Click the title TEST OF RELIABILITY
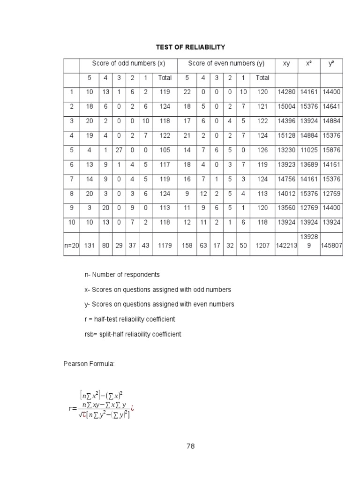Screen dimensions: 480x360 point(190,47)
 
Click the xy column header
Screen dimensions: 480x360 point(286,63)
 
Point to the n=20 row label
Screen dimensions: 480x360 point(72,245)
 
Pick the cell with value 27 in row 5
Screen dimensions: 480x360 point(119,150)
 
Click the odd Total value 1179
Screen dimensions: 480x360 point(165,245)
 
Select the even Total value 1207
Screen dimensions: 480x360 point(262,245)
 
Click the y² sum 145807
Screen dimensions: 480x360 point(331,245)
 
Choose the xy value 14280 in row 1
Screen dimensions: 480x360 point(286,92)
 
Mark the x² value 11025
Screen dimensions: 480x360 point(308,150)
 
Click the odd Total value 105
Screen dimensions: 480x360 point(165,150)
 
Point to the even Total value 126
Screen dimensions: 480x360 point(262,150)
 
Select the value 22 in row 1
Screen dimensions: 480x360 point(187,92)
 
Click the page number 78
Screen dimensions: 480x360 point(190,446)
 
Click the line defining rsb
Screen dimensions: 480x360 point(133,334)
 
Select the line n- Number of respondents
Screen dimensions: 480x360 point(122,274)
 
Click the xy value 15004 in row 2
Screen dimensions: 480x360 point(286,107)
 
